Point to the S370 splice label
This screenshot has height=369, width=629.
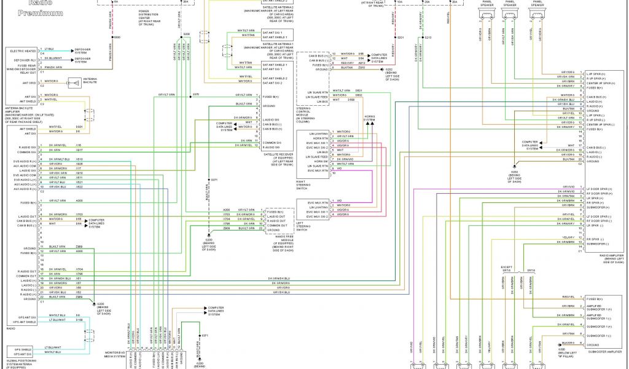click(196, 94)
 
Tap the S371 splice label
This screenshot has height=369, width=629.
click(214, 180)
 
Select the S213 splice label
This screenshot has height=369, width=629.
click(428, 38)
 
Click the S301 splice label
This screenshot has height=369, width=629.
click(400, 38)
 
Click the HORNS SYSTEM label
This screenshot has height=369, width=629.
click(369, 117)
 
